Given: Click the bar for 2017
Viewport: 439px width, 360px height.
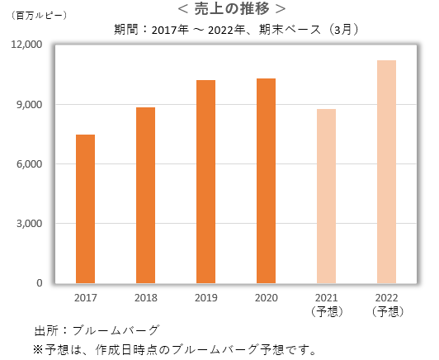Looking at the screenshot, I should click(x=85, y=209).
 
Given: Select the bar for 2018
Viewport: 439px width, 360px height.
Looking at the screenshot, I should click(x=145, y=195).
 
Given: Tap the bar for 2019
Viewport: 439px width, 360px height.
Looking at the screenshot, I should click(x=205, y=182).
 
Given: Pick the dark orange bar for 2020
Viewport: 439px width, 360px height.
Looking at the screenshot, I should click(x=266, y=181).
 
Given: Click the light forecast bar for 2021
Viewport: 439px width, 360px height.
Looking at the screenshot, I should click(x=326, y=196).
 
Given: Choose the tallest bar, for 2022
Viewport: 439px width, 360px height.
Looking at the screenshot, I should click(x=386, y=172).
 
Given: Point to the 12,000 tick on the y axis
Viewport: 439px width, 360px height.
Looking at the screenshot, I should click(x=26, y=45).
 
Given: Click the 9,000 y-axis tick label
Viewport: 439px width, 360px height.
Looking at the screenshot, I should click(x=30, y=105).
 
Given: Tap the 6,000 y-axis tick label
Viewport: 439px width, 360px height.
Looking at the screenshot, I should click(x=30, y=164).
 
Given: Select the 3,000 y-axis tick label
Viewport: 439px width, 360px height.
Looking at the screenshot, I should click(x=30, y=224).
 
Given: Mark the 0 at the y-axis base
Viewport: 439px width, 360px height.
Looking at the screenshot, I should click(x=39, y=283).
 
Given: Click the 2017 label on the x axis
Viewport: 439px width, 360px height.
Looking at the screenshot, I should click(x=85, y=298).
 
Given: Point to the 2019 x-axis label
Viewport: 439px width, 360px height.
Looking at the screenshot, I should click(x=205, y=298).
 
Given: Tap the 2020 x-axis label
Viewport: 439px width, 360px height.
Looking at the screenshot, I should click(x=266, y=298).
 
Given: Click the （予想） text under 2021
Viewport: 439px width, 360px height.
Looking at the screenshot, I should click(x=326, y=311).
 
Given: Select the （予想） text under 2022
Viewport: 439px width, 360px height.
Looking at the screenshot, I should click(x=386, y=311).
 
